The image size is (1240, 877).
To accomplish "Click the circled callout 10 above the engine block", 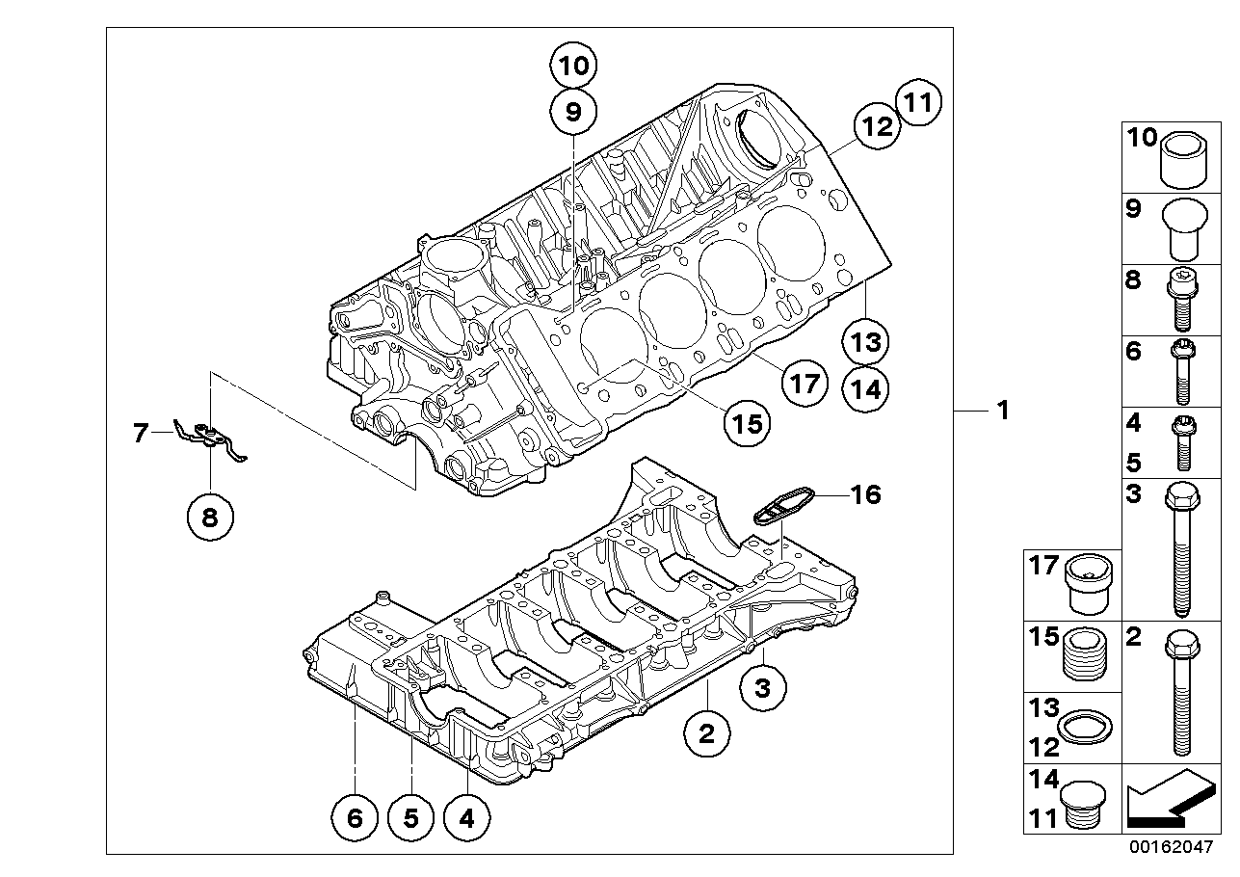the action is pyautogui.click(x=573, y=66).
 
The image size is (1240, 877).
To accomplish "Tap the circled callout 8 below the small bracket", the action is pyautogui.click(x=210, y=518).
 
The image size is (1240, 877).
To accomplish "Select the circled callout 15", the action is pyautogui.click(x=748, y=423).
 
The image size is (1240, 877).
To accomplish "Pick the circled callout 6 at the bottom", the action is pyautogui.click(x=355, y=818).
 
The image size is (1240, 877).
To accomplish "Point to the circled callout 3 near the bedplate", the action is pyautogui.click(x=763, y=688).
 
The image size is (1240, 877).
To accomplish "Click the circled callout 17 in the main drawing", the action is pyautogui.click(x=805, y=383).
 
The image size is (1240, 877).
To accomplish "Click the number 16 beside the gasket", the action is pyautogui.click(x=866, y=494).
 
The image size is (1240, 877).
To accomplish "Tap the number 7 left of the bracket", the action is pyautogui.click(x=141, y=433).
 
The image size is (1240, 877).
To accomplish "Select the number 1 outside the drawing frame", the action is pyautogui.click(x=1003, y=411).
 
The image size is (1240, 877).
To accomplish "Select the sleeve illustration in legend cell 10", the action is pyautogui.click(x=1183, y=161).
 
